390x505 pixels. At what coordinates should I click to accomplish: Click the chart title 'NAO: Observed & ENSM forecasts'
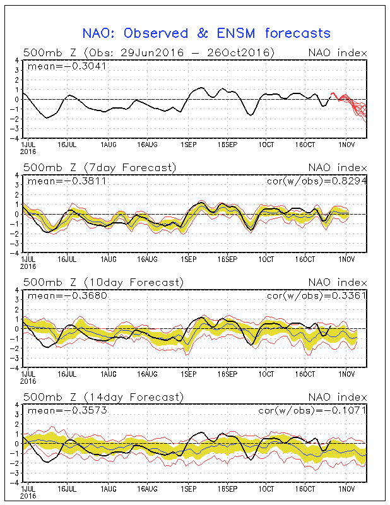click(x=206, y=33)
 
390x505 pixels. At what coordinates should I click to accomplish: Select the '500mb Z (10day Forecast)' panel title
click(x=103, y=282)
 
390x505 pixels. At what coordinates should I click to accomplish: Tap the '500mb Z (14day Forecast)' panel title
click(x=103, y=397)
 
